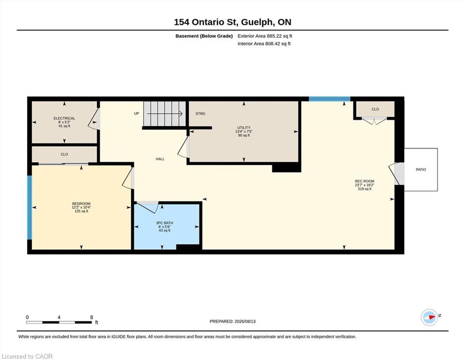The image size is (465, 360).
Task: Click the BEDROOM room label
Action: (x=81, y=203)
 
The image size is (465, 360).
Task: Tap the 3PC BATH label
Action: (x=164, y=223)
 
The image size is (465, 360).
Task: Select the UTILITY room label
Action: (x=244, y=127)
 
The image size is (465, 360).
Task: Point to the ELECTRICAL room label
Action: (x=64, y=118)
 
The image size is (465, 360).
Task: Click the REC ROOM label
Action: (x=364, y=181)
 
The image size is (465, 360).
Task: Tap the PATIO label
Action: (x=421, y=170)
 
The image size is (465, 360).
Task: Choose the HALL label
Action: (x=160, y=159)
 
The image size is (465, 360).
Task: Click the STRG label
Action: (x=200, y=113)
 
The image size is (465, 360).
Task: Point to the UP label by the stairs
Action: (x=136, y=113)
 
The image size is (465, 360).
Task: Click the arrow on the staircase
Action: (x=164, y=113)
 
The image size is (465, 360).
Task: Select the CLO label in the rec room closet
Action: (x=375, y=109)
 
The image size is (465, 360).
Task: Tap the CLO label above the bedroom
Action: (x=64, y=154)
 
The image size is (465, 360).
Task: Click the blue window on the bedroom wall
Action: (x=30, y=208)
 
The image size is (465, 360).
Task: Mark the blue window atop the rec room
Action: (x=330, y=99)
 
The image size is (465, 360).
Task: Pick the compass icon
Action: (x=429, y=317)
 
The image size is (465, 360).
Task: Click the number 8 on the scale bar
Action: (x=92, y=317)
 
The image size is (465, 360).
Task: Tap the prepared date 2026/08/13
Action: (x=245, y=322)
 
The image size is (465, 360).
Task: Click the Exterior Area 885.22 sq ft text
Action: (x=265, y=36)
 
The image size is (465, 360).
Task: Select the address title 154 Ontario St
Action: (x=206, y=22)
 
